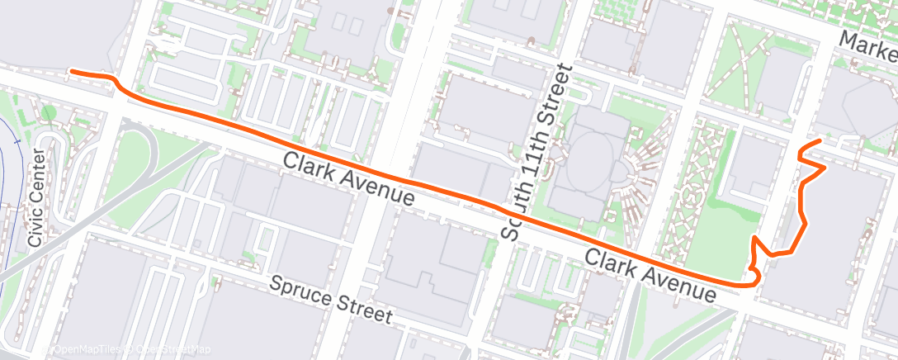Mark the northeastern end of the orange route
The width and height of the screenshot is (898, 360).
coord(819,142)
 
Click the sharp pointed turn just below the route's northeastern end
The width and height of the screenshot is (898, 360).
coord(825,168)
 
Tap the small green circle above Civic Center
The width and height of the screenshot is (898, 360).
coord(49,112)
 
